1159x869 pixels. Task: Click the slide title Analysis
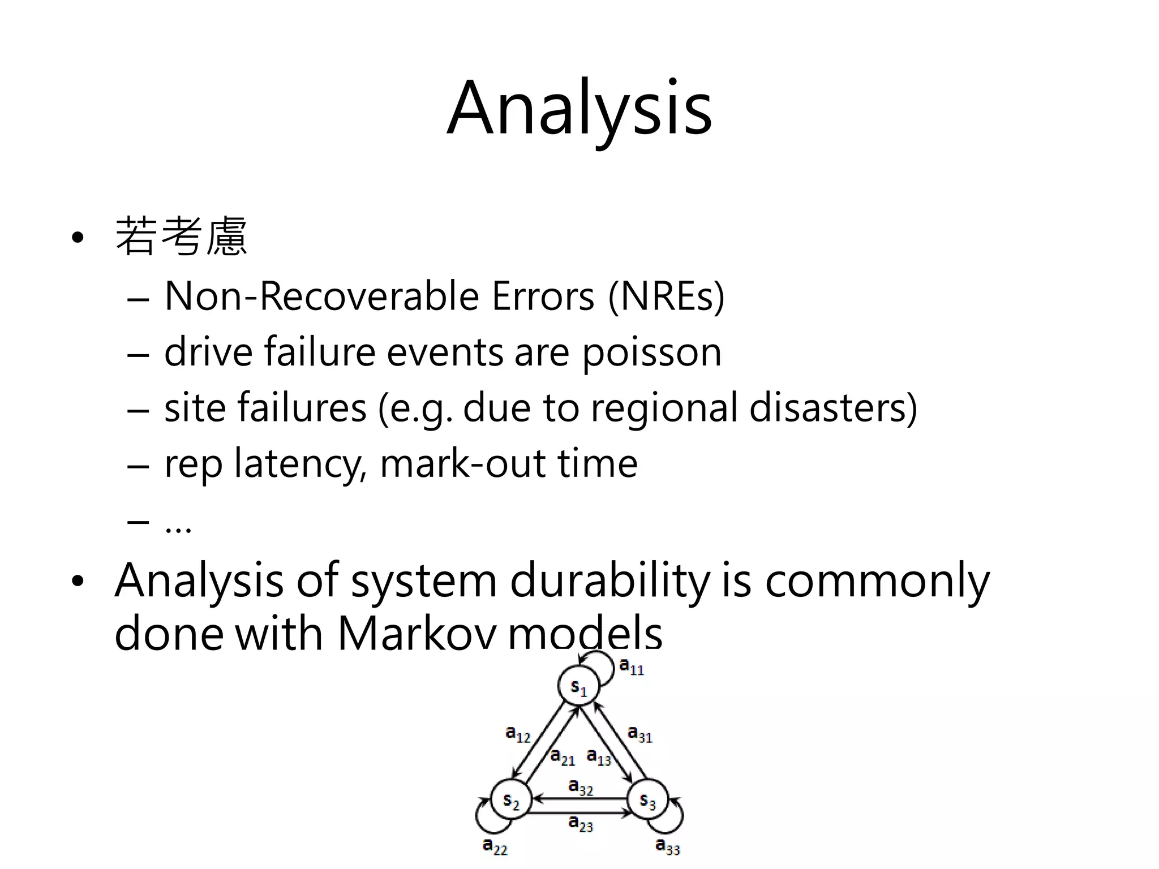pos(579,109)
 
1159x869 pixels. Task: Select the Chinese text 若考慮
pos(181,236)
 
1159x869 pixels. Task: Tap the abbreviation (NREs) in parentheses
pos(666,296)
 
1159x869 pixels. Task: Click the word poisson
pos(652,352)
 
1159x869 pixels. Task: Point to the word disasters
pos(833,408)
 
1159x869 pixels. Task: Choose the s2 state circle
pos(510,800)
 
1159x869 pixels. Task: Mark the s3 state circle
pos(647,800)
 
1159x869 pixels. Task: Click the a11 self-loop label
pos(632,666)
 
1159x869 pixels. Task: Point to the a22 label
pos(495,846)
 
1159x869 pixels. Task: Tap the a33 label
pos(668,846)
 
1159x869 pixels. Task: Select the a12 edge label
pos(518,734)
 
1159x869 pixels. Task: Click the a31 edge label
pos(640,734)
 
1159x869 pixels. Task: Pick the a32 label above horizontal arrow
pos(581,786)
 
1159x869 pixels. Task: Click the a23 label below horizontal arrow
pos(581,823)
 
